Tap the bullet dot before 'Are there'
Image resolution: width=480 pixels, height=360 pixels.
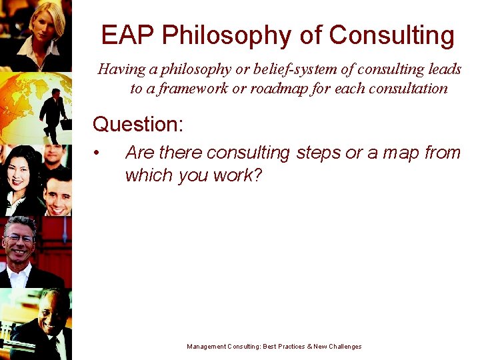coord(97,154)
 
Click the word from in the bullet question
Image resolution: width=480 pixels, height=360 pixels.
coord(442,153)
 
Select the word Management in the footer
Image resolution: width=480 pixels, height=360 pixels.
coord(207,347)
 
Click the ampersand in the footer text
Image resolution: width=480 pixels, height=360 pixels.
coord(309,347)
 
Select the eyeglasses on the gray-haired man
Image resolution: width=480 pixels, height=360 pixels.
coord(20,238)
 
